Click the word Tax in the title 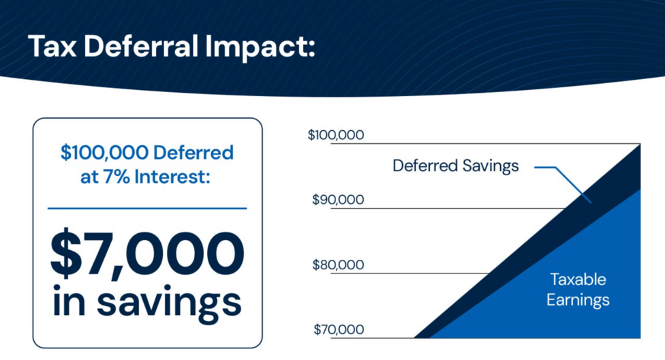pos(52,46)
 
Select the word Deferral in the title pos(141,46)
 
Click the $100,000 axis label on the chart pos(336,135)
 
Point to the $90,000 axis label pos(338,200)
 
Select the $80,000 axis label pos(338,265)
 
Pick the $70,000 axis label pos(339,329)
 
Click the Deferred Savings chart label pos(456,166)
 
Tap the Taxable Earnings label pos(578,290)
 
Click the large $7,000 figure pos(147,254)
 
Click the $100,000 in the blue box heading pos(104,153)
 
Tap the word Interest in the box pos(172,177)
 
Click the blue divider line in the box pos(147,209)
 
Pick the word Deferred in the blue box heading pos(194,153)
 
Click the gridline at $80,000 pos(411,273)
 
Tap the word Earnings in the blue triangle pos(578,301)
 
